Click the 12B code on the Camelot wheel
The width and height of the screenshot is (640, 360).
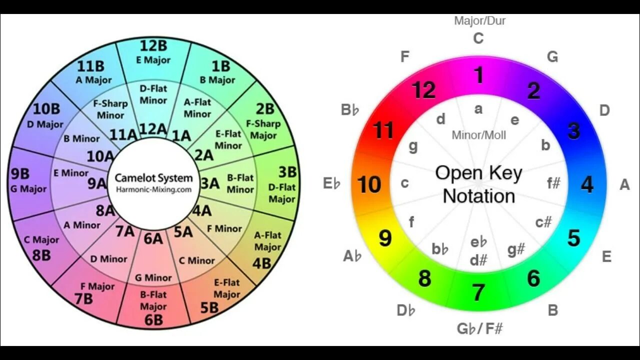pyautogui.click(x=153, y=45)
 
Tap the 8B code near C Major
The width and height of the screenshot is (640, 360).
pyautogui.click(x=41, y=255)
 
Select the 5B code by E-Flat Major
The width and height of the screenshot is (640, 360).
pyautogui.click(x=210, y=307)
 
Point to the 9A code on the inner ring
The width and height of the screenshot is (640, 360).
pyautogui.click(x=97, y=183)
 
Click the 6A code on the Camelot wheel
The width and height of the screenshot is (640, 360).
pyautogui.click(x=153, y=238)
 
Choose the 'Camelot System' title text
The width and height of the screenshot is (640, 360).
pyautogui.click(x=153, y=177)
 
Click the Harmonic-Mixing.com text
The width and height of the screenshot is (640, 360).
pyautogui.click(x=153, y=189)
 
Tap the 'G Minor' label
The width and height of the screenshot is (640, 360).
pyautogui.click(x=153, y=277)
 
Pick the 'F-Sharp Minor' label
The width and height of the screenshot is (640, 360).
pyautogui.click(x=111, y=110)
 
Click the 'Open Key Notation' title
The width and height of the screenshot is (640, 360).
pyautogui.click(x=479, y=184)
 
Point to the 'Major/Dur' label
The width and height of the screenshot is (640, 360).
pyautogui.click(x=479, y=20)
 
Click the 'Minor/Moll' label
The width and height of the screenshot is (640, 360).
pyautogui.click(x=478, y=135)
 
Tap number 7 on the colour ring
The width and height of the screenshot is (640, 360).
pyautogui.click(x=478, y=292)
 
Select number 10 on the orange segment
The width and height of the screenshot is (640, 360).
pyautogui.click(x=369, y=184)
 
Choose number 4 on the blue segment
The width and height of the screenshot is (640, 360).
pyautogui.click(x=587, y=184)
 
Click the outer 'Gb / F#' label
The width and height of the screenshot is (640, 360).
pyautogui.click(x=479, y=328)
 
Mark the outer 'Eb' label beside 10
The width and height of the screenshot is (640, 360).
pyautogui.click(x=331, y=184)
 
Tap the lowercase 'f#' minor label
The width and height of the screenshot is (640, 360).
pyautogui.click(x=553, y=183)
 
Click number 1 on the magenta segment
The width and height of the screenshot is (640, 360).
pyautogui.click(x=479, y=75)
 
